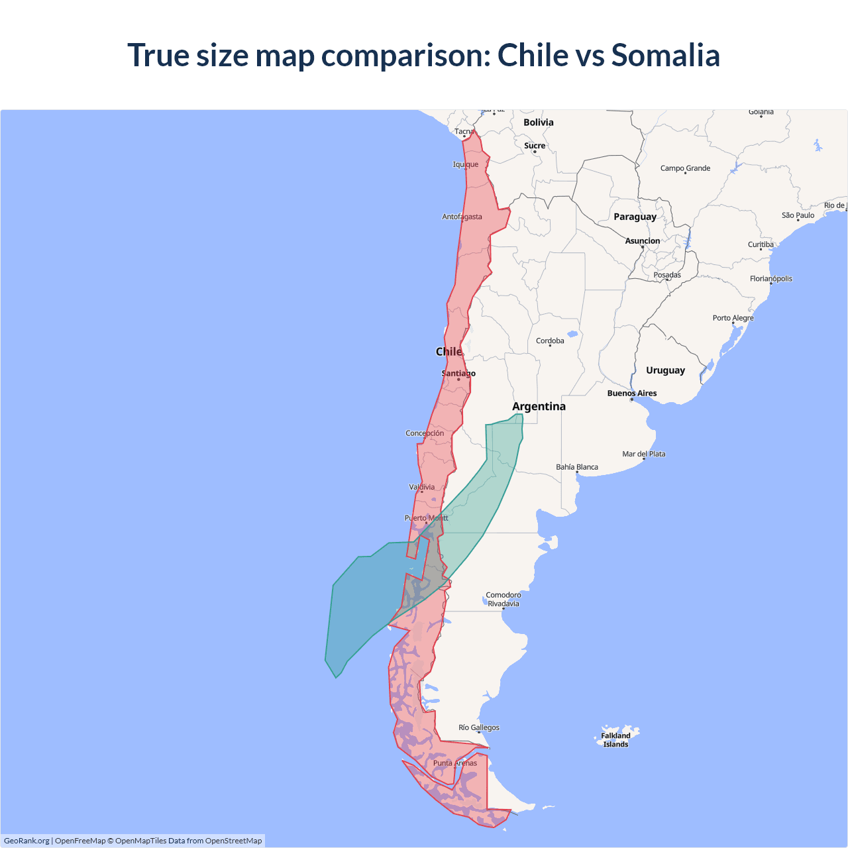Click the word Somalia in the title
point(665,55)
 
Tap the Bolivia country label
point(538,123)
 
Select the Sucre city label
point(535,146)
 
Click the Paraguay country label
point(635,217)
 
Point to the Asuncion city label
point(642,241)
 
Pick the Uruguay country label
point(665,370)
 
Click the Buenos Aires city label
point(632,394)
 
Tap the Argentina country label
point(539,406)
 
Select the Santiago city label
point(458,374)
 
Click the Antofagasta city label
point(462,217)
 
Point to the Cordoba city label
point(550,341)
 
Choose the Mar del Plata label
point(643,454)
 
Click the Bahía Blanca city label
point(576,467)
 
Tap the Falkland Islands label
point(615,740)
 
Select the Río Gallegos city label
point(479,727)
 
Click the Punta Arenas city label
point(454,763)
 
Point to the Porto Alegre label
point(733,318)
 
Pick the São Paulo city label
point(798,215)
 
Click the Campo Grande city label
point(685,168)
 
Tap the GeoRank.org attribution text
point(26,841)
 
